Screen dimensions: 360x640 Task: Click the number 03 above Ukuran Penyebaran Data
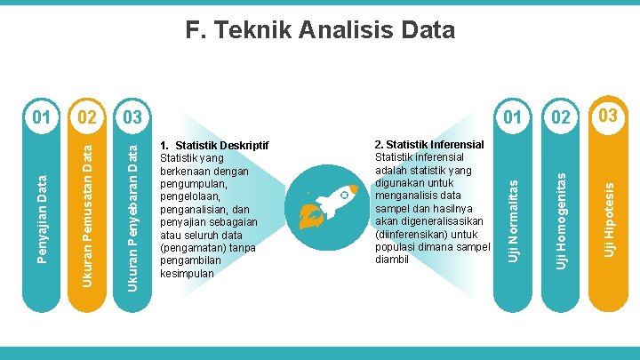pos(132,117)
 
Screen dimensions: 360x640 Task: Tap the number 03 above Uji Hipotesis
pos(608,116)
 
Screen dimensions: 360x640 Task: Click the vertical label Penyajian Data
pos(42,218)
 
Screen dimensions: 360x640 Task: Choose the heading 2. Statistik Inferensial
pos(429,144)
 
